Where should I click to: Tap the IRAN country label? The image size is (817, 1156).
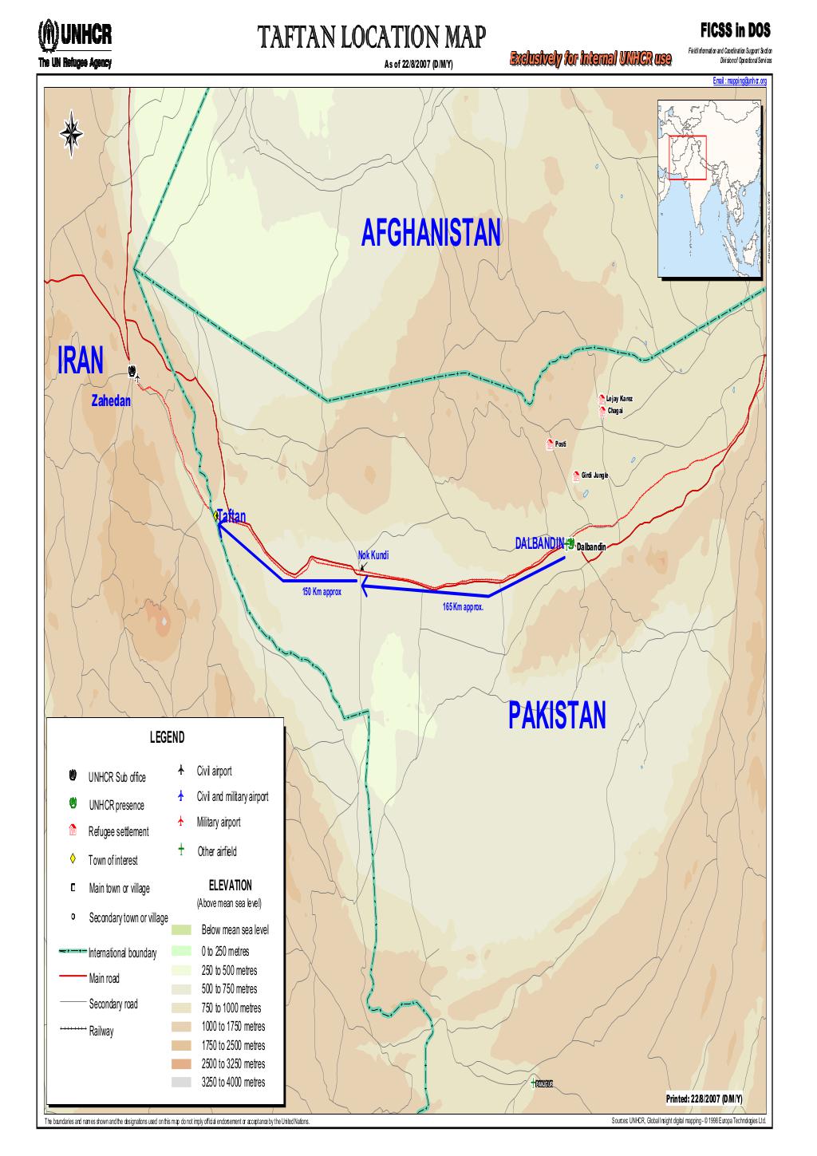81,361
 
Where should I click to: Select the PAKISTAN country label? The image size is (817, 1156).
556,716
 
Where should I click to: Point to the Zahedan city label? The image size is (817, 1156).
111,401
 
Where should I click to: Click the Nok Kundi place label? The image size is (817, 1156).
372,554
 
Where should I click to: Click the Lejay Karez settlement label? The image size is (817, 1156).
620,399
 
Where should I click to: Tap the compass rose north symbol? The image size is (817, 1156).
72,130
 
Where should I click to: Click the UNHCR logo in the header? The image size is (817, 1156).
75,34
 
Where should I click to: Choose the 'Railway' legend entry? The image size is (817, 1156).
101,1032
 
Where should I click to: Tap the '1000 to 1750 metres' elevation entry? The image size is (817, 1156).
233,1027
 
